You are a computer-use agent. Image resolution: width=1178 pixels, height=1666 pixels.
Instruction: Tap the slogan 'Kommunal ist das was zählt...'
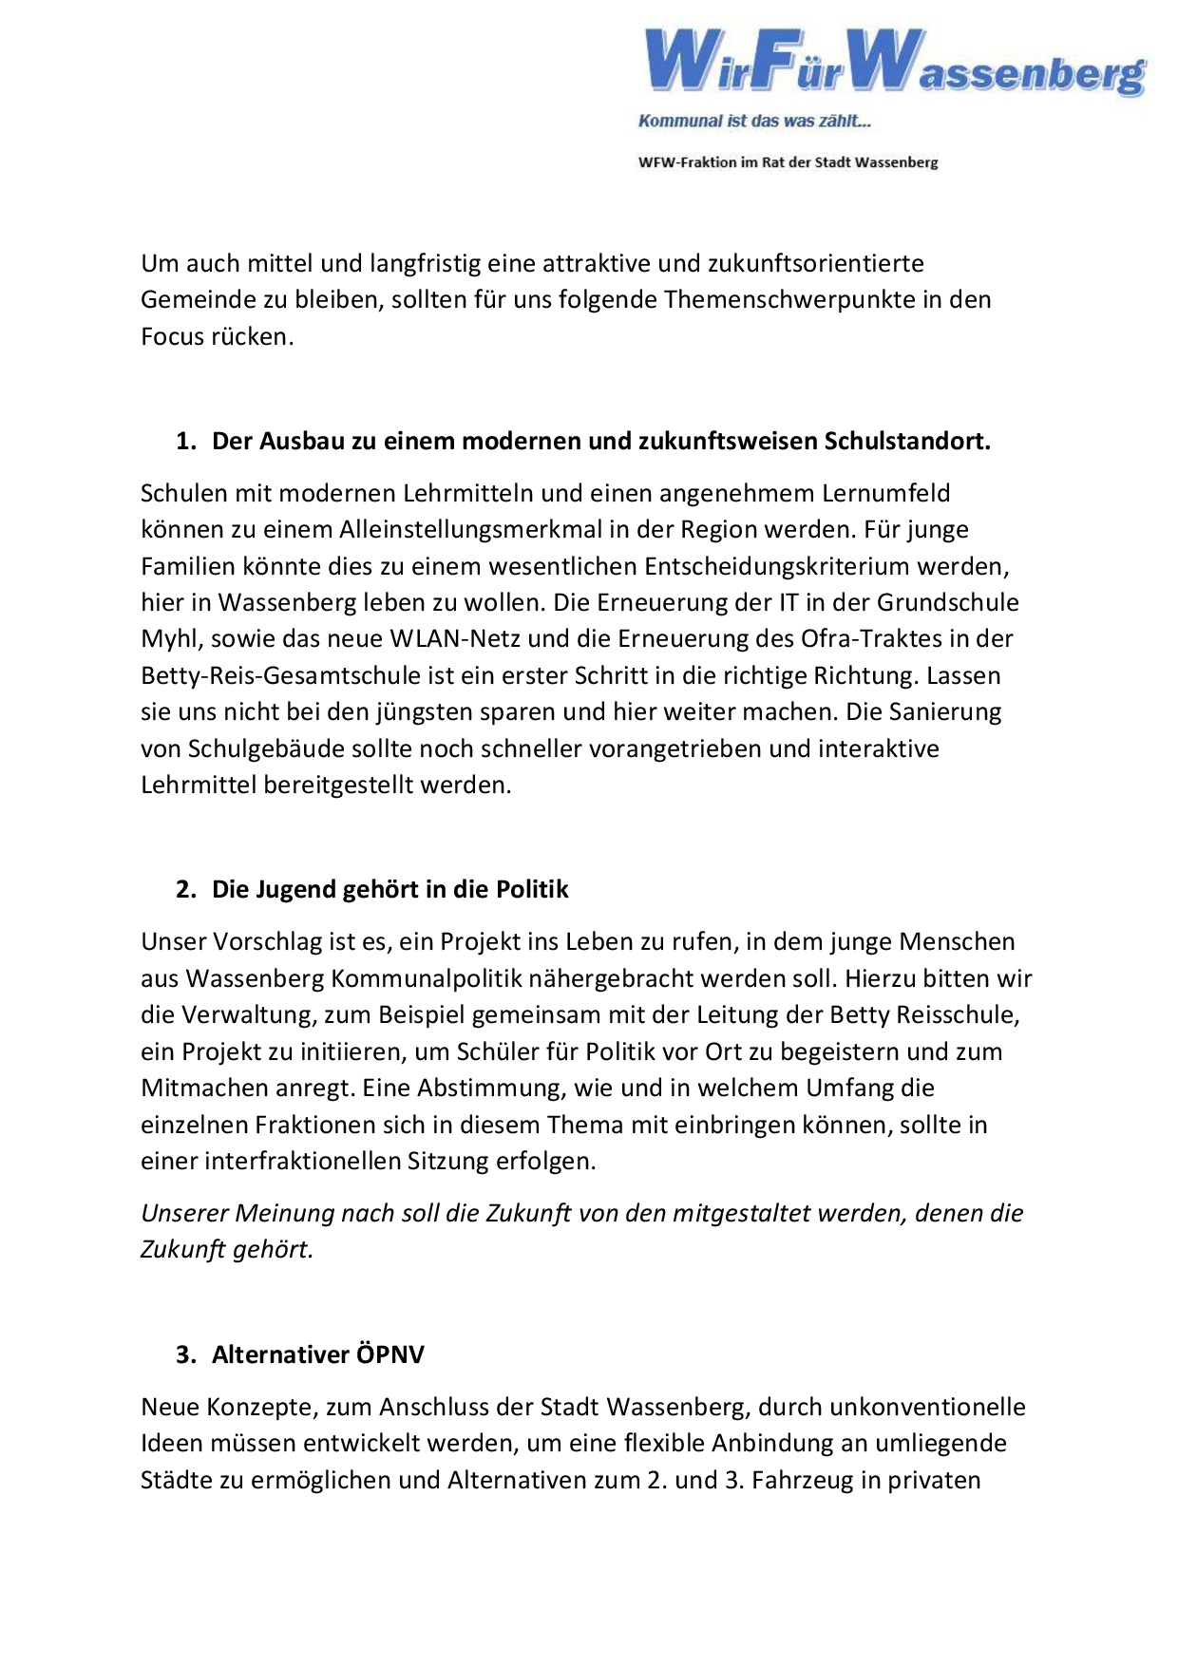(754, 121)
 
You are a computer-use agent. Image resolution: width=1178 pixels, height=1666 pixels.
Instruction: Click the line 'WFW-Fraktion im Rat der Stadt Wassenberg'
(788, 162)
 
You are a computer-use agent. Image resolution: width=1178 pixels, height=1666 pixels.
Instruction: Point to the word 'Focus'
(172, 337)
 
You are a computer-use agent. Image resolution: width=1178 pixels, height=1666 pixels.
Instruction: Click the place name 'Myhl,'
(171, 639)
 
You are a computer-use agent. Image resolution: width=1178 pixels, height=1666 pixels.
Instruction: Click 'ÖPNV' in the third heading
(389, 1354)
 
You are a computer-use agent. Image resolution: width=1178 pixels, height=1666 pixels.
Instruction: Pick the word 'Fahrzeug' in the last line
(802, 1482)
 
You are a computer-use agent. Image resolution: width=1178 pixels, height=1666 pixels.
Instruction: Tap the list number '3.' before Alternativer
(185, 1354)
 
